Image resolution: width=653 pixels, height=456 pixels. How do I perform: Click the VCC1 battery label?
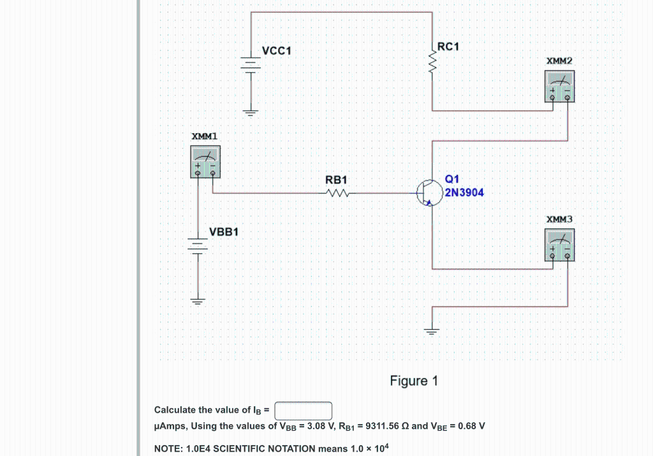point(276,50)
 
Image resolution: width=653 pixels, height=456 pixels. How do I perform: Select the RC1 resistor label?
point(448,47)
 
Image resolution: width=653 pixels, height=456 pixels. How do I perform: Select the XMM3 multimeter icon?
point(560,245)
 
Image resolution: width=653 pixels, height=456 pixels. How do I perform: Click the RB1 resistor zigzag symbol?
point(336,193)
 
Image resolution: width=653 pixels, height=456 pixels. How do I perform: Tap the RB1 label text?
point(335,180)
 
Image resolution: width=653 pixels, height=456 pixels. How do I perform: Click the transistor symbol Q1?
point(429,192)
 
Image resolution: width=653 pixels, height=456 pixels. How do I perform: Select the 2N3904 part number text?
point(464,192)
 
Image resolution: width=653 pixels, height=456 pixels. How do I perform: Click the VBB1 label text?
point(224,232)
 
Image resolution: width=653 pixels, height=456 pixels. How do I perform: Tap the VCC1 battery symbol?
point(251,65)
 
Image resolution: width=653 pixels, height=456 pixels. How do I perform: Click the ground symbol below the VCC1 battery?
point(251,114)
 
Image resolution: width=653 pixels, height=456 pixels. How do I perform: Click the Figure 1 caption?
point(414,381)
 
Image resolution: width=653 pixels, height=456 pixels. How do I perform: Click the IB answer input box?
point(304,410)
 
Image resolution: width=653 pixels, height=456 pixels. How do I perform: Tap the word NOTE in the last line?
point(169,448)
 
